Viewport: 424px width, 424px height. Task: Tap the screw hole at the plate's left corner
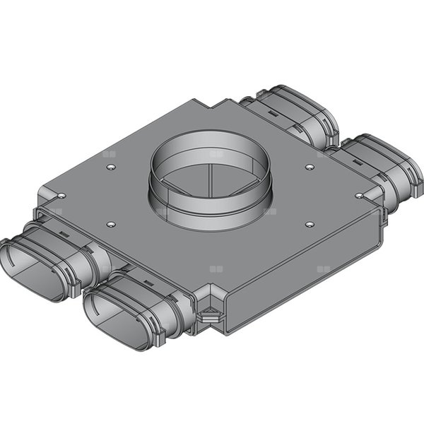point(61,195)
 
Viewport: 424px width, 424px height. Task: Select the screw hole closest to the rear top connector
point(309,167)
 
